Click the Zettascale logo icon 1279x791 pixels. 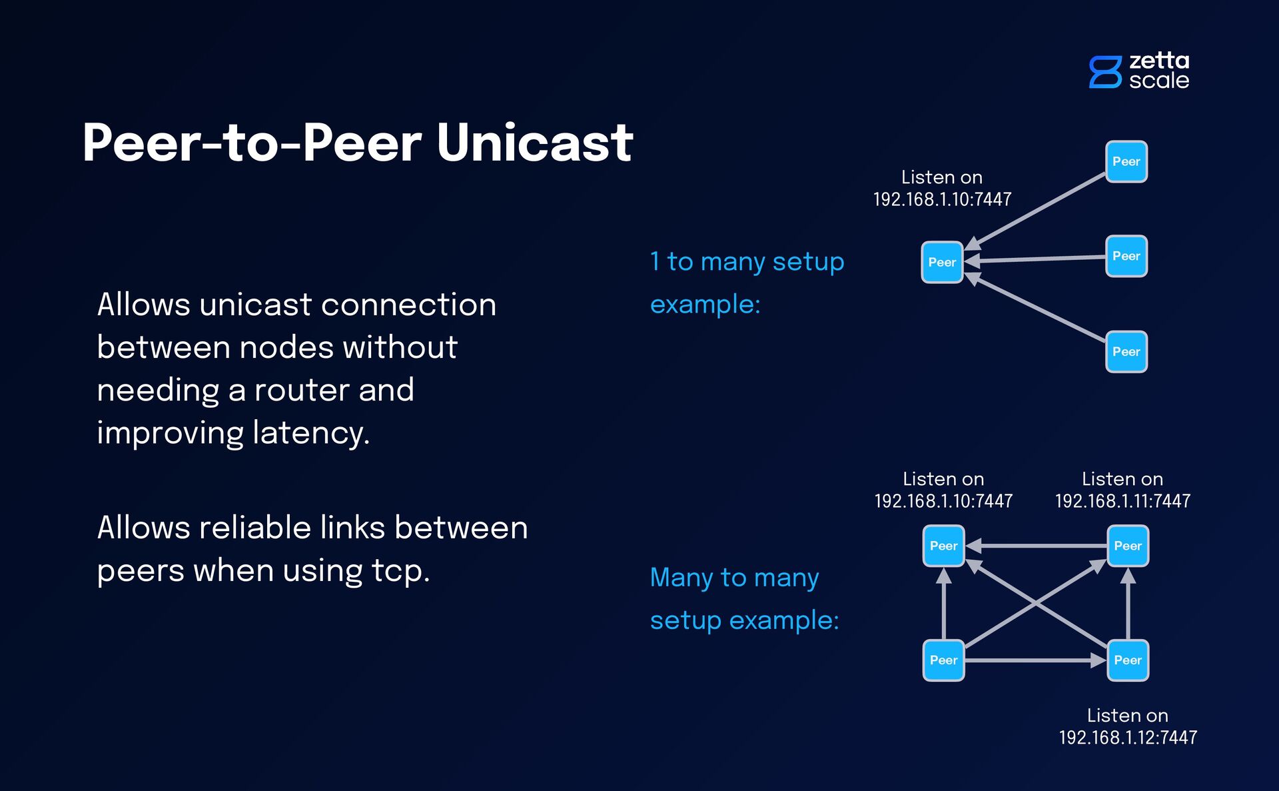pos(1105,71)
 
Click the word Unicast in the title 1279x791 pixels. pos(534,143)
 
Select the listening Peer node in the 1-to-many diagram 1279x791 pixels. pos(942,263)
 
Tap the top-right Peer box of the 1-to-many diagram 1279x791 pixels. pos(1126,161)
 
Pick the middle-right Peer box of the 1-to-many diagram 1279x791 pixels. pos(1126,256)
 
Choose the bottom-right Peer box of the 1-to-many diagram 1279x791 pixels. pos(1126,352)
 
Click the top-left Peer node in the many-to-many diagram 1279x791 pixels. pos(943,546)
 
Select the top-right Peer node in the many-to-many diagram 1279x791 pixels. pos(1127,546)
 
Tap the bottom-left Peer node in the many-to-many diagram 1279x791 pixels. pos(943,660)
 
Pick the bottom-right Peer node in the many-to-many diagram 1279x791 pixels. pos(1127,660)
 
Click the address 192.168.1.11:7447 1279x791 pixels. pos(1122,501)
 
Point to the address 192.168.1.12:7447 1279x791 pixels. pos(1128,738)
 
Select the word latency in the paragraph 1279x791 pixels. pos(310,433)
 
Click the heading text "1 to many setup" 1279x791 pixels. pos(747,261)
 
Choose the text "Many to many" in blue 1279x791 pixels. pos(734,577)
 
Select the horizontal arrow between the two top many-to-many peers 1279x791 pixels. pos(1035,546)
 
